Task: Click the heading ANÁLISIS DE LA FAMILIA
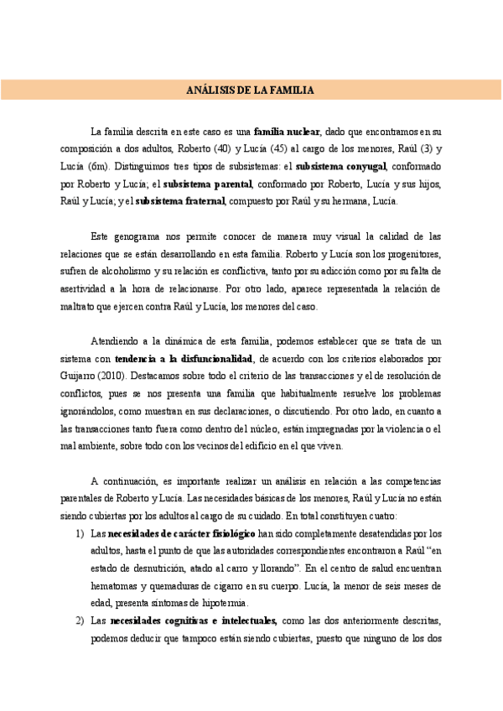click(250, 90)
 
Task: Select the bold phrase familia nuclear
click(286, 132)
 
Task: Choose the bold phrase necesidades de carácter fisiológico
click(182, 533)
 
